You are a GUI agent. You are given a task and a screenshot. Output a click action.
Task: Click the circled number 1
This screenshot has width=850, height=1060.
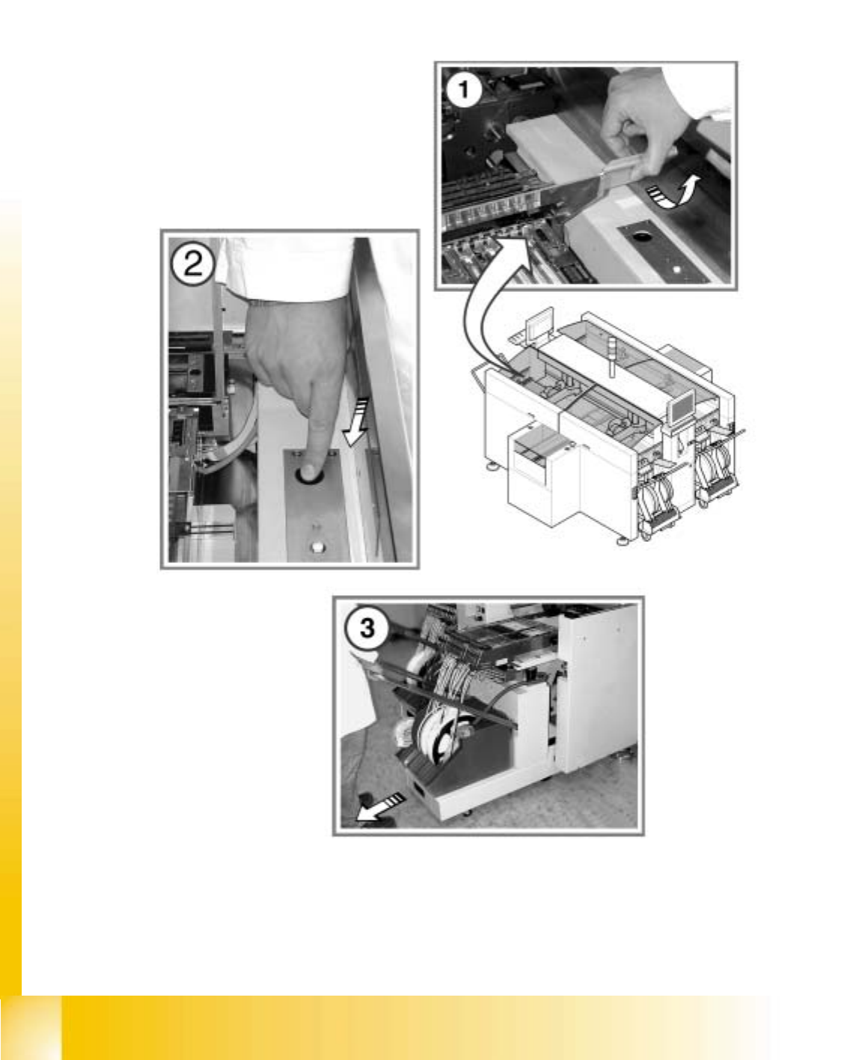(463, 90)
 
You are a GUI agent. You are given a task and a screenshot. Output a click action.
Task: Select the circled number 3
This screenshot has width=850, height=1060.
(367, 628)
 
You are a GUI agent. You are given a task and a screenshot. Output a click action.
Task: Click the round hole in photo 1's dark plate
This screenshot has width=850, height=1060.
(642, 237)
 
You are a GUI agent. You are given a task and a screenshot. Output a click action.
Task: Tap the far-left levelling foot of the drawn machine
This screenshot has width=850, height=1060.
(492, 466)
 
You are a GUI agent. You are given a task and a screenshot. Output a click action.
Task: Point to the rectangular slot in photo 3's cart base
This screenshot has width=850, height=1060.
(420, 791)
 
